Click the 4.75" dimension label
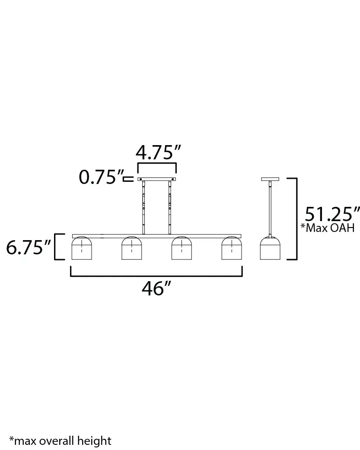[157, 153]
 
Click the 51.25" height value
[332, 214]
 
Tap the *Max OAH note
[327, 228]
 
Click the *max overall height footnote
[61, 440]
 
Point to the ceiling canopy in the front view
[157, 179]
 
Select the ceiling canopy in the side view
[270, 179]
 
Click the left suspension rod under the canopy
[144, 207]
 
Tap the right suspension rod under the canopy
[170, 207]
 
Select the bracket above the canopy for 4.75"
[157, 164]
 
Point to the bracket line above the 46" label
[156, 275]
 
